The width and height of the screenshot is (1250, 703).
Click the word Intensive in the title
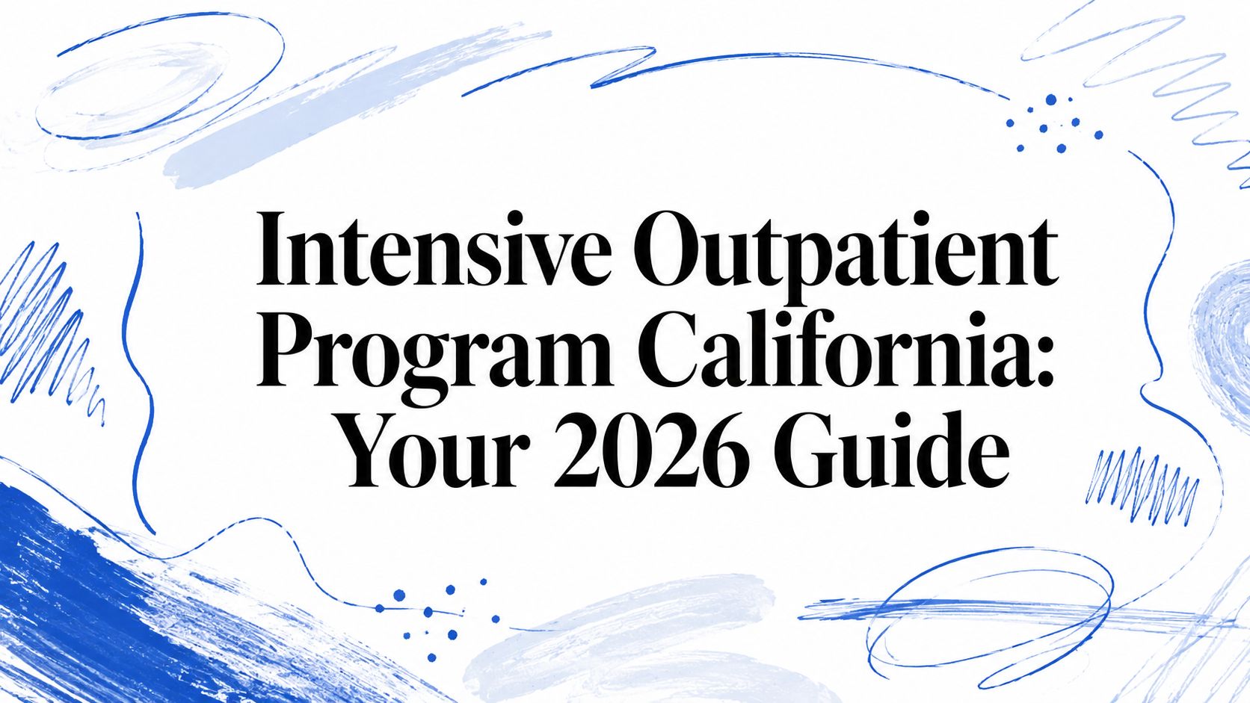[x=433, y=249]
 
